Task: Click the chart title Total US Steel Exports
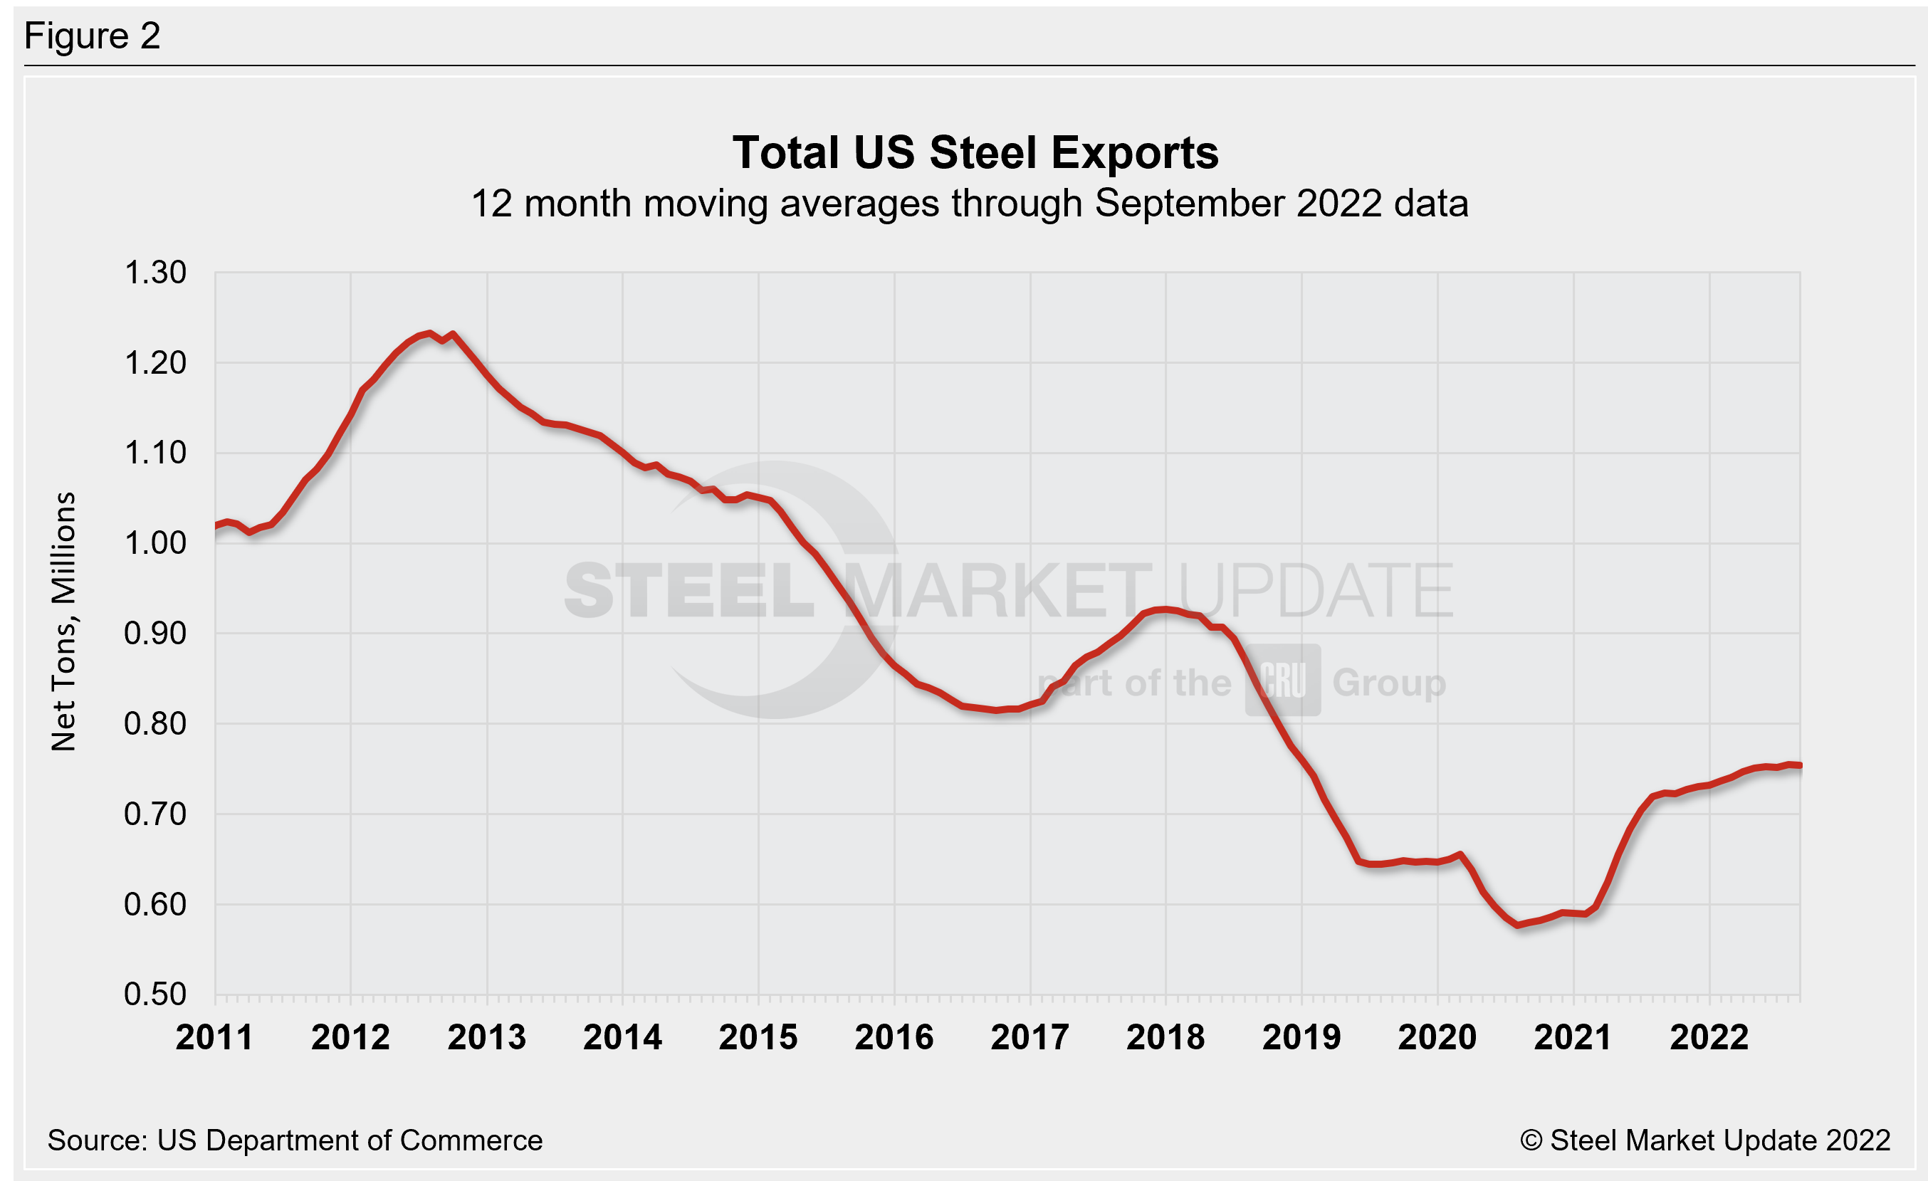pos(975,152)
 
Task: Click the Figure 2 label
pos(93,36)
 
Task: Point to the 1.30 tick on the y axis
pos(155,273)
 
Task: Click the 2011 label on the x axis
pos(214,1038)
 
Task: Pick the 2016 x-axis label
pos(894,1038)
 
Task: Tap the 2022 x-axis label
pos(1709,1038)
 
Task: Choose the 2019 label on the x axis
pos(1301,1038)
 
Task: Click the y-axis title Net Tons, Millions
pos(63,621)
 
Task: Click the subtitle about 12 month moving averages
pos(970,204)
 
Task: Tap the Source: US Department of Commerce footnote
pos(295,1140)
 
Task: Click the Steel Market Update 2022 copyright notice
pos(1705,1140)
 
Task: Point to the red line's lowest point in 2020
pos(1518,925)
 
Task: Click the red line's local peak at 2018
pos(1165,609)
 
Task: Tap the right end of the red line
pos(1799,766)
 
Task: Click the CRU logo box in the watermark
pos(1283,681)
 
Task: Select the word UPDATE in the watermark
pos(1314,591)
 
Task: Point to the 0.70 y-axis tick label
pos(155,814)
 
